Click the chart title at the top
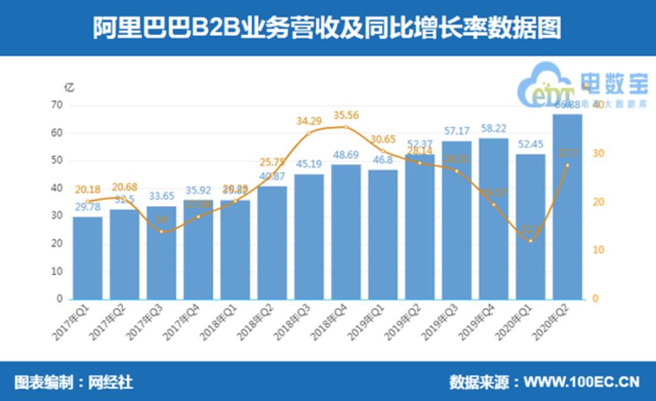click(x=327, y=28)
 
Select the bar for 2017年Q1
click(x=87, y=258)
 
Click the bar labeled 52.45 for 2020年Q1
click(x=530, y=227)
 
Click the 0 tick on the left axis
click(x=59, y=299)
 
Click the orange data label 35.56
click(x=347, y=116)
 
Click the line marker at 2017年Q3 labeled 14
click(x=161, y=231)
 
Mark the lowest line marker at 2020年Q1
click(x=530, y=241)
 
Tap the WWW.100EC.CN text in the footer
click(x=581, y=382)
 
